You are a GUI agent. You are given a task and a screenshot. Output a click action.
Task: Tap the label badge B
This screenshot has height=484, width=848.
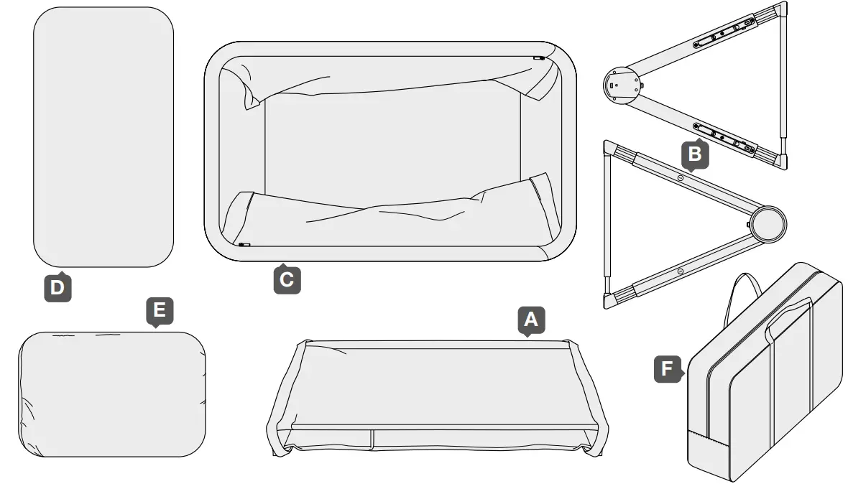694,153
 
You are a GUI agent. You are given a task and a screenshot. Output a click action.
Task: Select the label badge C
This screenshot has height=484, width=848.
287,279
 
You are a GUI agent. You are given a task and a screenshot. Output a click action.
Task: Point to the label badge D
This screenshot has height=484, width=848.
57,288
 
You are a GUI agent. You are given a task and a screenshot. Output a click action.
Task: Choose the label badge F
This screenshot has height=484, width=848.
668,369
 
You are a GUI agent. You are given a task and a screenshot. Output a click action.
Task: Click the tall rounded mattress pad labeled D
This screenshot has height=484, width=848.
103,136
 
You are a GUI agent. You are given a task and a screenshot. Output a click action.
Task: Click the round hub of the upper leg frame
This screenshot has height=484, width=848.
620,84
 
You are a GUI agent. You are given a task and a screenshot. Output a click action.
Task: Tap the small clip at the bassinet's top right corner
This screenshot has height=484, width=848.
538,58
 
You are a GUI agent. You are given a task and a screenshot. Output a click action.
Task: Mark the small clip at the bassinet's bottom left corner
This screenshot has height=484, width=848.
243,245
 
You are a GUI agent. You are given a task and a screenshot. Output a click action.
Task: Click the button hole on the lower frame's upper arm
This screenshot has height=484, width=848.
680,176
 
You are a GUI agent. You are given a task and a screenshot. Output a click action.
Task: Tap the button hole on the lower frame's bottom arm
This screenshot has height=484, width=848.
680,271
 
